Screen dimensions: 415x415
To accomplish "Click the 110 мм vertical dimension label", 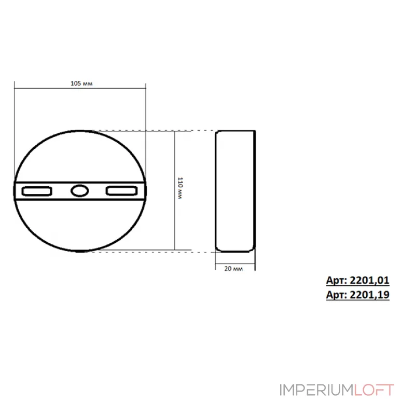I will pyautogui.click(x=179, y=189).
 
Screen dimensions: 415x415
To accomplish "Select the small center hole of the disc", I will pyautogui.click(x=79, y=191).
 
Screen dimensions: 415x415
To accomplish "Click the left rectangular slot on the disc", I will pyautogui.click(x=36, y=191).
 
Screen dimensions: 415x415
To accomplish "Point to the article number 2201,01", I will pyautogui.click(x=357, y=281).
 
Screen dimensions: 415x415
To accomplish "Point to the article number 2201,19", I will pyautogui.click(x=357, y=294).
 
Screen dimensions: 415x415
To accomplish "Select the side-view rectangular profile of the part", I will pyautogui.click(x=236, y=191).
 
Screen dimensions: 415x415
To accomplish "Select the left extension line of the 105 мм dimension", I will pyautogui.click(x=15, y=119).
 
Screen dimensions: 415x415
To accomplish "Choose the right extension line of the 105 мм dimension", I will pyautogui.click(x=146, y=119).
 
